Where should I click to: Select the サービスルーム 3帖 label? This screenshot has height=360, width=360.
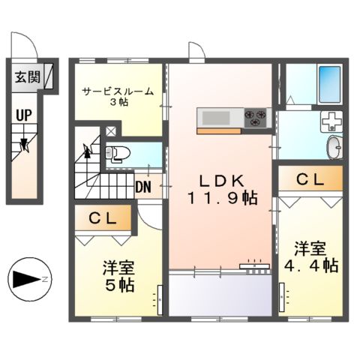[x=118, y=96]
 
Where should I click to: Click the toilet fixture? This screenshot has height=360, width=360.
[x=118, y=154]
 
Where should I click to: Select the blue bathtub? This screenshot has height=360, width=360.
[x=328, y=85]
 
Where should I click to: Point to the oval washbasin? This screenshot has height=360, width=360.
[x=333, y=145]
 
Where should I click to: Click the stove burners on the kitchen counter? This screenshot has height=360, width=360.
[x=256, y=115]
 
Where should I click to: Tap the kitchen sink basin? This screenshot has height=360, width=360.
[x=215, y=117]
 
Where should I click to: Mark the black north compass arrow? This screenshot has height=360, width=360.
[x=28, y=279]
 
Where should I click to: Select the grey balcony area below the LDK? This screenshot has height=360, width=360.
[x=219, y=294]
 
